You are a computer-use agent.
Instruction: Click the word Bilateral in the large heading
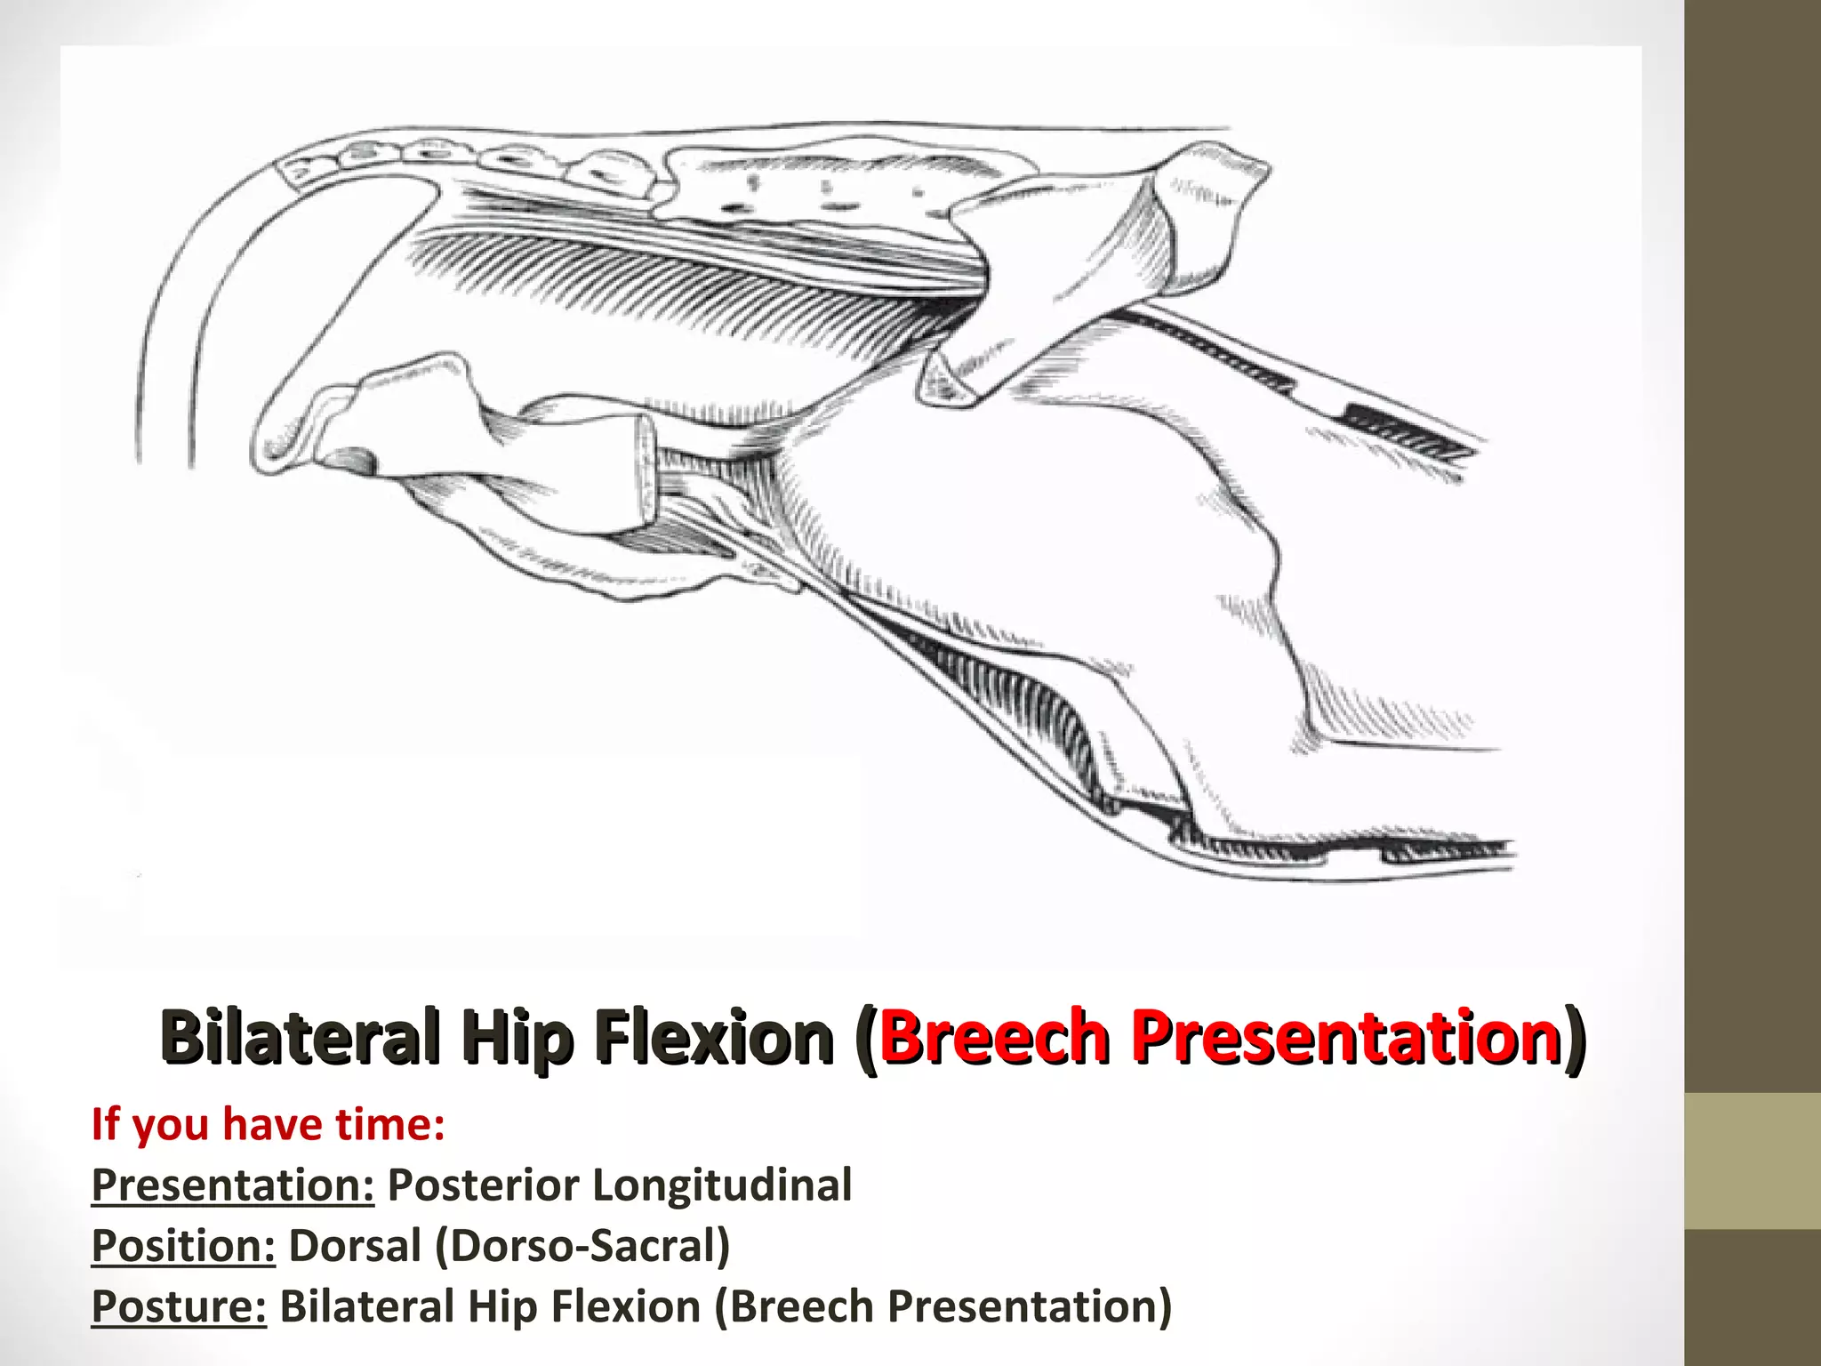[301, 1037]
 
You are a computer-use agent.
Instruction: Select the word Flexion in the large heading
[715, 1037]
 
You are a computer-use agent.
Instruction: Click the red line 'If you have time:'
[268, 1124]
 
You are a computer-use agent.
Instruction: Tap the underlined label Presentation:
[233, 1185]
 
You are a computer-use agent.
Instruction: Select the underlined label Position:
[183, 1245]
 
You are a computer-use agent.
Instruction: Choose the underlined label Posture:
[179, 1306]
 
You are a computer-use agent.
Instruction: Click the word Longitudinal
[721, 1185]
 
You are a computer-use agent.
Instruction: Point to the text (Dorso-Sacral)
[582, 1245]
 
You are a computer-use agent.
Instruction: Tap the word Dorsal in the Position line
[355, 1245]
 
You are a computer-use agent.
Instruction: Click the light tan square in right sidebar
[1752, 1160]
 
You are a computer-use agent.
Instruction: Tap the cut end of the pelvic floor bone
[647, 471]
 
